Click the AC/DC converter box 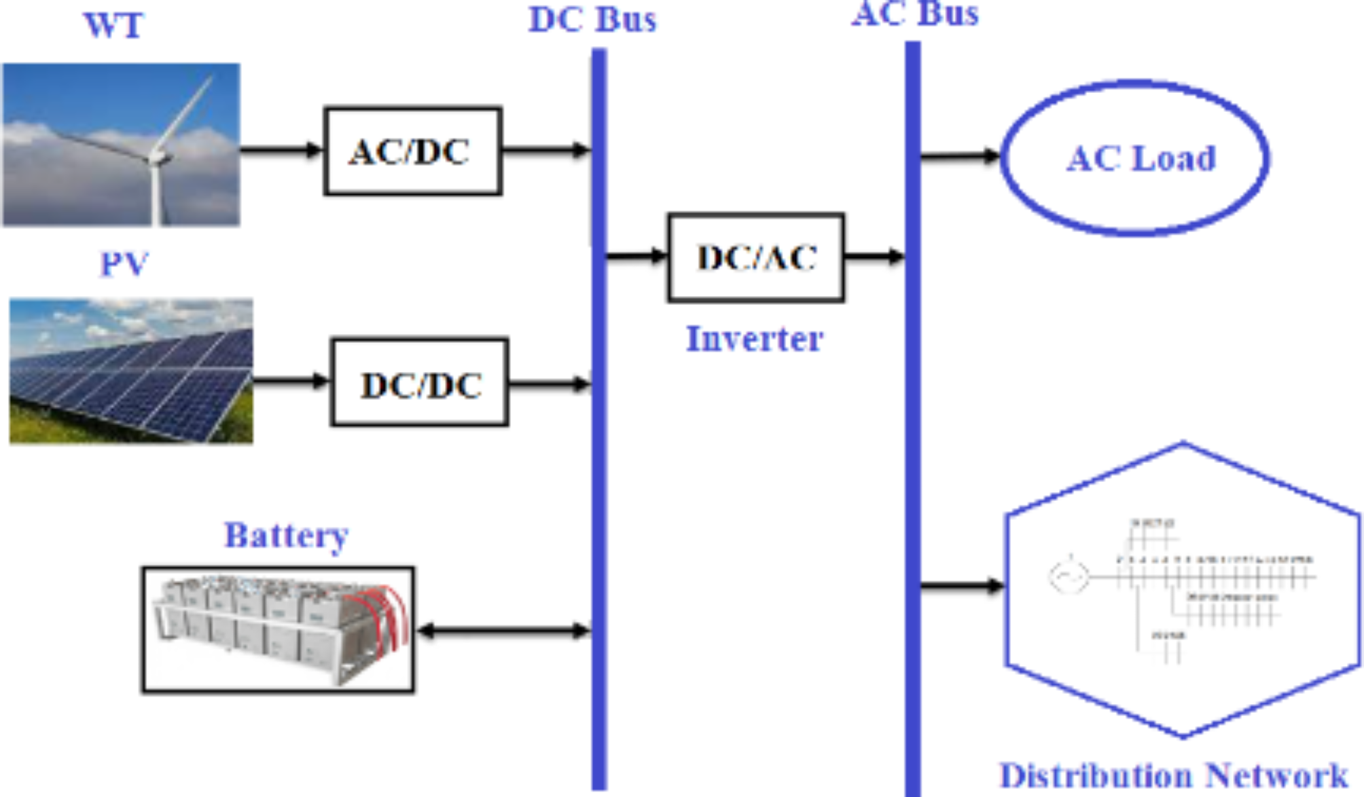412,151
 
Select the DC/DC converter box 420,382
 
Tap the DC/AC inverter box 756,257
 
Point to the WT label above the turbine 113,26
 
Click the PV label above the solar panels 124,263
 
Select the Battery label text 286,535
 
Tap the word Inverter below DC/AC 754,339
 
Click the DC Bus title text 592,20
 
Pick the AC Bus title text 914,14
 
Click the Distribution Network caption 1173,775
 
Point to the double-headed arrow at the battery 503,631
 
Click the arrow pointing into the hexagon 962,585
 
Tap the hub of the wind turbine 158,157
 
